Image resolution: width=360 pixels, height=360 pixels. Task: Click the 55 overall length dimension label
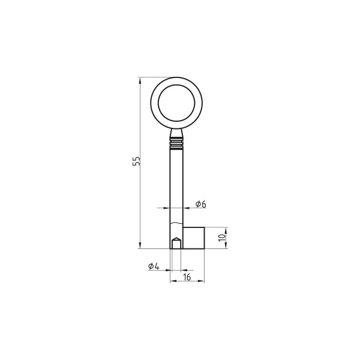(x=136, y=161)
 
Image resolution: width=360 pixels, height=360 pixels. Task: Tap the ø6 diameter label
(x=201, y=204)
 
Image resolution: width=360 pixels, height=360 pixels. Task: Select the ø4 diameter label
(x=154, y=266)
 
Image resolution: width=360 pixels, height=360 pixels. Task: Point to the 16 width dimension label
(x=187, y=277)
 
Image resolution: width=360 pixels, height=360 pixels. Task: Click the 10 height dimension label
(x=222, y=238)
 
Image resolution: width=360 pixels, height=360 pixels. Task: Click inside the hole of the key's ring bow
(x=176, y=103)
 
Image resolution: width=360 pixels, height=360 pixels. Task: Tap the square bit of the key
(x=194, y=238)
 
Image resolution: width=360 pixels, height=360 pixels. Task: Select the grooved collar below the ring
(x=176, y=143)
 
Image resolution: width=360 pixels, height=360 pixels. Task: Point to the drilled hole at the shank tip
(x=176, y=243)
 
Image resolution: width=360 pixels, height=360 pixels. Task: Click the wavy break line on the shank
(x=176, y=223)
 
